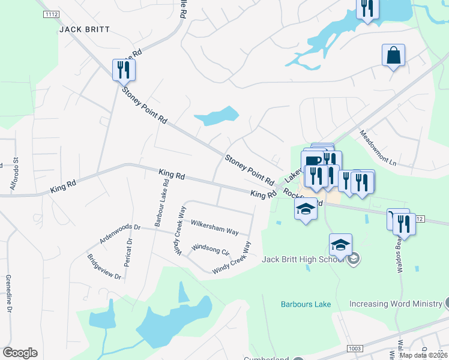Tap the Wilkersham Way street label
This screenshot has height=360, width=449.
214,227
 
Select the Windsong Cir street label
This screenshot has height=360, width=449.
210,249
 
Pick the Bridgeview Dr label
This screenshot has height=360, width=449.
104,267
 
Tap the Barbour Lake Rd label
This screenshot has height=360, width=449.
161,202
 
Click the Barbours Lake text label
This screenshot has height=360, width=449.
306,304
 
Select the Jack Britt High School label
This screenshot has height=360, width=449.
303,259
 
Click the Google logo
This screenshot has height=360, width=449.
20,353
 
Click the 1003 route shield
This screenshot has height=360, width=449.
355,349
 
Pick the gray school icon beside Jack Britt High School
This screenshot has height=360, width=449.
354,259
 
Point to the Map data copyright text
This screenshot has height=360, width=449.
424,355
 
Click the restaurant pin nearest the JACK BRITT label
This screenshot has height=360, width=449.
124,70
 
